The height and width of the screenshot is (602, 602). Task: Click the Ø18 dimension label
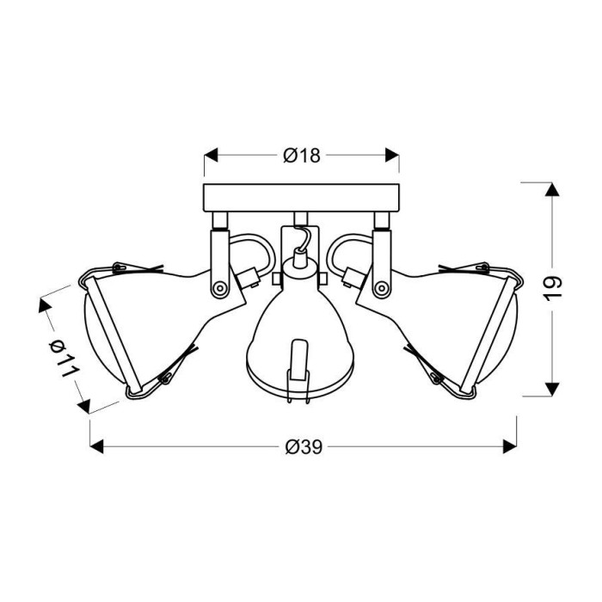point(301,156)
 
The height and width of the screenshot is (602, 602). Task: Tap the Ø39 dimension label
point(304,447)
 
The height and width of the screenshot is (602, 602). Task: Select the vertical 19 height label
point(553,288)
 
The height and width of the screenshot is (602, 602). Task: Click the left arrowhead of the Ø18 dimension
point(211,155)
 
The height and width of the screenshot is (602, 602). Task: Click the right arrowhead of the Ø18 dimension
point(392,155)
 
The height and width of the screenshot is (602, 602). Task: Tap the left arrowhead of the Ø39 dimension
point(96,446)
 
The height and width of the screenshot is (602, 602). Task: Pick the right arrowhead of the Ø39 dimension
point(510,446)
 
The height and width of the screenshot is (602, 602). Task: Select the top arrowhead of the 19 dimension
point(552,190)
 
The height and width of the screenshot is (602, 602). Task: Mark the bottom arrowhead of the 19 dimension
point(552,389)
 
